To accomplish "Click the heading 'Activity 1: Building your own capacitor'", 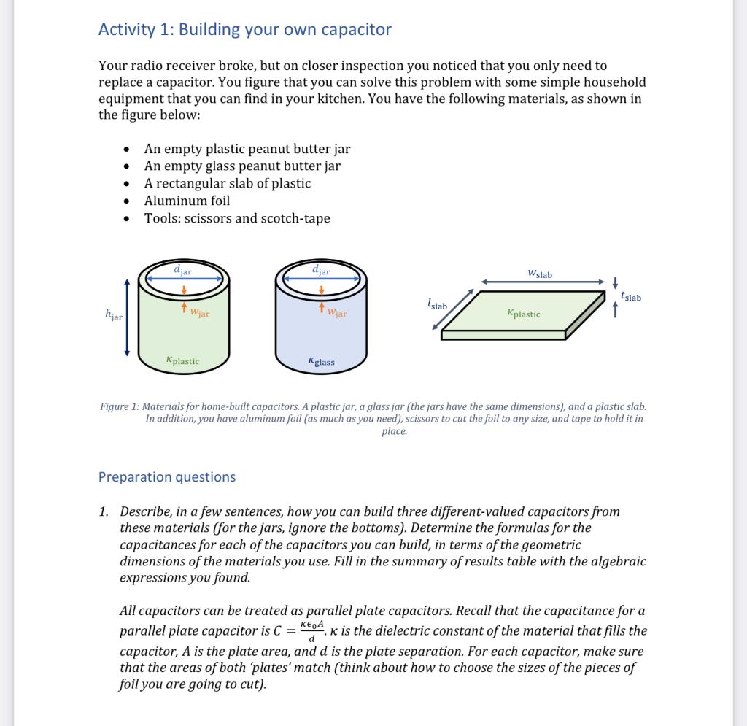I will click(x=244, y=30).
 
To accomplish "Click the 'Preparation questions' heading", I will click(x=167, y=477).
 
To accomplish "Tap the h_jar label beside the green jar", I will click(x=114, y=315).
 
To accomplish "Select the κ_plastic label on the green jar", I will click(x=182, y=360).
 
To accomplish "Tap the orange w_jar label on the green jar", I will click(x=199, y=314).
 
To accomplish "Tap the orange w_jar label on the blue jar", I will click(x=337, y=314).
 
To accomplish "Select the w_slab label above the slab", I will click(x=540, y=274).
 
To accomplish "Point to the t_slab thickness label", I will click(x=631, y=297).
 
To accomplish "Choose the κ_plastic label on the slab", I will click(x=523, y=314).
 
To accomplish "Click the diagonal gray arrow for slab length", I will click(x=456, y=310).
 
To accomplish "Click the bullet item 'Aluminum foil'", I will click(x=187, y=201).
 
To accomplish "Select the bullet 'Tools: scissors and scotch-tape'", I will click(x=237, y=218).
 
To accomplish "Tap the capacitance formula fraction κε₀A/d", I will click(x=311, y=630).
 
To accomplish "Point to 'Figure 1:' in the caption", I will click(x=120, y=406).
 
